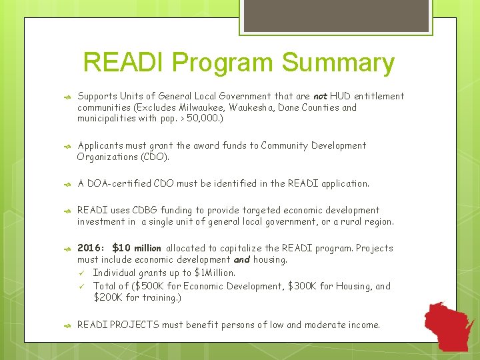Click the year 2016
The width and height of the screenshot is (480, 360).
point(91,248)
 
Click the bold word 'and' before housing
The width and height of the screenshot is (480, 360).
point(241,259)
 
